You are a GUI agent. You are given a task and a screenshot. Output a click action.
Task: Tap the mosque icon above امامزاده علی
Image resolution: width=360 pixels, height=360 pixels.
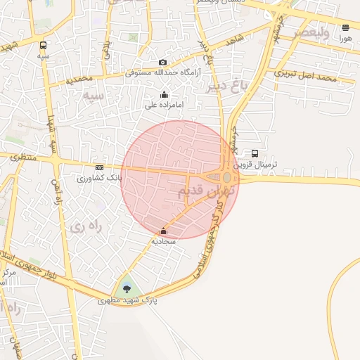tap(165, 94)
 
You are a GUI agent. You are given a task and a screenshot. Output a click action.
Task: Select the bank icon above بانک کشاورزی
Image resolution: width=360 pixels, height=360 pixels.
tap(99, 167)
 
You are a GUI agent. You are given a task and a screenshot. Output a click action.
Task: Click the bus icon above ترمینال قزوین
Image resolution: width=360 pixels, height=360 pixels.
tap(255, 153)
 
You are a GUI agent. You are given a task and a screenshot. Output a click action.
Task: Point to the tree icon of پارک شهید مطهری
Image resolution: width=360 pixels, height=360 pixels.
tap(127, 288)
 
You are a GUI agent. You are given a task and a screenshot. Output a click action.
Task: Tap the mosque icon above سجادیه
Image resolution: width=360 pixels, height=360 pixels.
tap(164, 231)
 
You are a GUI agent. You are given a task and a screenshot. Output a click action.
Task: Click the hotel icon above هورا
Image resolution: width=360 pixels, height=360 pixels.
tap(345, 28)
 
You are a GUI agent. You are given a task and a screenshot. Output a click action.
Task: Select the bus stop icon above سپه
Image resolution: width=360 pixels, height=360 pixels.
tap(44, 45)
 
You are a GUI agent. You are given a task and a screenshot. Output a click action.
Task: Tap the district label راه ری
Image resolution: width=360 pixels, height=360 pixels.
tap(86, 226)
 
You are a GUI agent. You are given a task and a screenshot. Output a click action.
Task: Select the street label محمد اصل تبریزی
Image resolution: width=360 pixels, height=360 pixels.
tap(306, 75)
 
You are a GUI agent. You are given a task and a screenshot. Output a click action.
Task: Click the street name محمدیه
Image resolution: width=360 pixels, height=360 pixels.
tap(80, 79)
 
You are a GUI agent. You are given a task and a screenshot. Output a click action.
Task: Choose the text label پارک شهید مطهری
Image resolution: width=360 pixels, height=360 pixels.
tap(127, 300)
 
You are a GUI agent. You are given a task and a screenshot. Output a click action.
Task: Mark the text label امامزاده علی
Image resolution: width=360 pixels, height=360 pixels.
tap(165, 105)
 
